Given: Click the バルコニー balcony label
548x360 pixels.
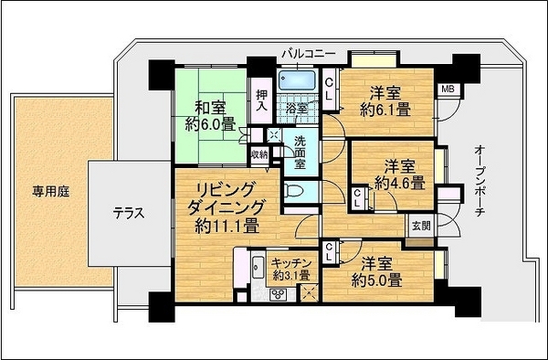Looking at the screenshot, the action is [x=309, y=54].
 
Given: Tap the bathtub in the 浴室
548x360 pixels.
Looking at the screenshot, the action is [x=298, y=80].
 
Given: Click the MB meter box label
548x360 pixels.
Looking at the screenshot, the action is [x=448, y=90].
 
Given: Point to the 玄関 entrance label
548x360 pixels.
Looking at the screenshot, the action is [x=421, y=226].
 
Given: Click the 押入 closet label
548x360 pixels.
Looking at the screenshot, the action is [x=261, y=101].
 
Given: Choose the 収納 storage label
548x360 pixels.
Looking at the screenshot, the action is [x=259, y=154].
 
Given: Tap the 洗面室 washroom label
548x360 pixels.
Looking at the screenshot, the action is [x=300, y=153].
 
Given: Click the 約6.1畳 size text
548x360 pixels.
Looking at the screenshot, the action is [x=385, y=111].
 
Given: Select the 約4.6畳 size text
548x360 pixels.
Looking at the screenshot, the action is [x=400, y=183].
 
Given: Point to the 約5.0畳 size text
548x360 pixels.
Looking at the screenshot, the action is [x=377, y=280].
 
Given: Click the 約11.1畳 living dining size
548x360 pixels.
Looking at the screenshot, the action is [x=227, y=226].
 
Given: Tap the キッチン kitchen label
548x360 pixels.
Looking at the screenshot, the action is [x=291, y=262].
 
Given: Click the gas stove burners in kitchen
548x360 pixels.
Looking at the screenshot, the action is [x=279, y=294].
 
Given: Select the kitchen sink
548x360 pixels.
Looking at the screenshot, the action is [x=258, y=268].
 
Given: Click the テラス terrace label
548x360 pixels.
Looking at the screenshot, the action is [x=129, y=213].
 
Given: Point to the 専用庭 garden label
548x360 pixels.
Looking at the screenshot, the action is [x=51, y=192].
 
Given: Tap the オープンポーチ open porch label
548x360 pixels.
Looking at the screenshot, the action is [x=479, y=181].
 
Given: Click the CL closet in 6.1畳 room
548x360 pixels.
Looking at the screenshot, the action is [x=329, y=90].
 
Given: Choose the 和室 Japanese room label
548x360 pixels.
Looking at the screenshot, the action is [x=210, y=107].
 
